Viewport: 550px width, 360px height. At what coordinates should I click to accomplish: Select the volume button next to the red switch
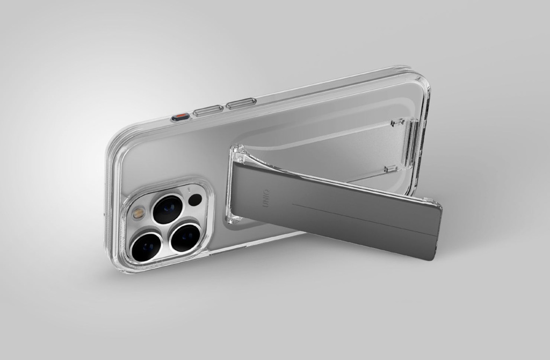point(208,110)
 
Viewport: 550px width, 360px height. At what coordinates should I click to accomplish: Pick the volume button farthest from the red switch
point(241,103)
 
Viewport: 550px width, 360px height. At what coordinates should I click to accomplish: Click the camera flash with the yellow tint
point(139,213)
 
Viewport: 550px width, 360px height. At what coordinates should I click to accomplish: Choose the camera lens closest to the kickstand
point(185,237)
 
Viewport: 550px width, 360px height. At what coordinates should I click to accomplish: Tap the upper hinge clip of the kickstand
point(398,123)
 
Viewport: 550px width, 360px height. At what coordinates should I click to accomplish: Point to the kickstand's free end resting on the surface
point(432,231)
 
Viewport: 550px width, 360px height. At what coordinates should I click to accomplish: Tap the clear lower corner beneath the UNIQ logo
point(233,217)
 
